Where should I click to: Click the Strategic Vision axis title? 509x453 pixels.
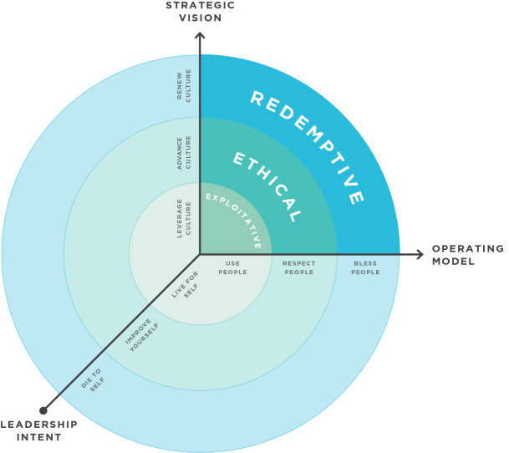tap(200, 11)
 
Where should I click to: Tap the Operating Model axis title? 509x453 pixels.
tap(466, 255)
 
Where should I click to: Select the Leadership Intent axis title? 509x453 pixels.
tap(38, 430)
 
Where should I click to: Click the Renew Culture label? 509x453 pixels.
tap(185, 87)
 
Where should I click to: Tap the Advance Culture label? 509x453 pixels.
tap(185, 153)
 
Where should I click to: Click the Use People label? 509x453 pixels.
tap(232, 267)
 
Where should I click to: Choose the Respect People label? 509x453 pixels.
tap(298, 267)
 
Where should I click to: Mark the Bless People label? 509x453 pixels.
tap(364, 267)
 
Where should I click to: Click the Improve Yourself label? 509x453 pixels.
tap(142, 335)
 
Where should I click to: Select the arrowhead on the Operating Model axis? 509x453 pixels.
tap(420, 254)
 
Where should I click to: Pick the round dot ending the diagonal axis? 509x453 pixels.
tap(43, 410)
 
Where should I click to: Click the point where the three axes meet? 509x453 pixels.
tap(200, 254)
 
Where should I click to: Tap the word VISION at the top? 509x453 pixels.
tap(200, 17)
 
